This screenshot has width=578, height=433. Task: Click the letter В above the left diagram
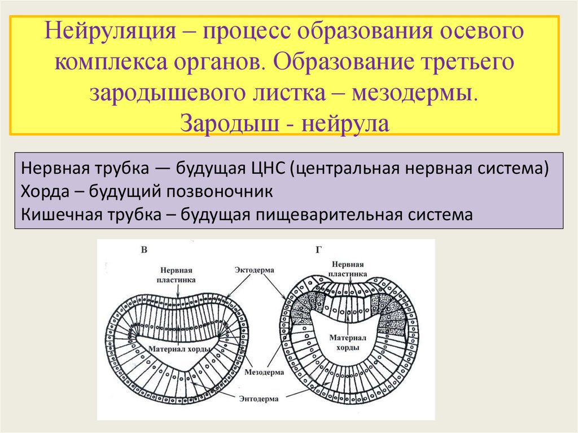click(x=144, y=250)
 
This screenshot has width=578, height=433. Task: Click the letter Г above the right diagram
click(x=318, y=249)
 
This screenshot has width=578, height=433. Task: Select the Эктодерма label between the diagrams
click(x=255, y=270)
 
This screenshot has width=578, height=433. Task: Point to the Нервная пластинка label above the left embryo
click(x=177, y=274)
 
